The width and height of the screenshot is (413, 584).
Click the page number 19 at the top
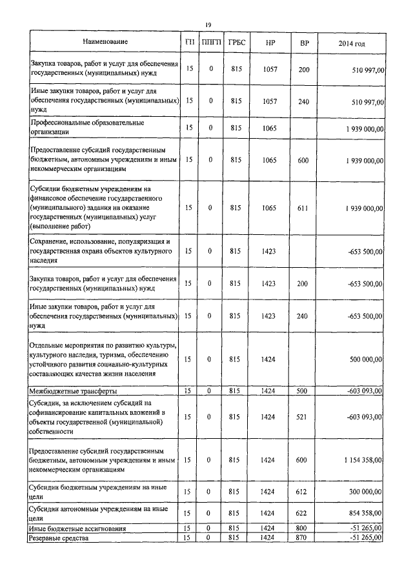(x=208, y=25)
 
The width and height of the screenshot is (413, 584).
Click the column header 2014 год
(x=352, y=43)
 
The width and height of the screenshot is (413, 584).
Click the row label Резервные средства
(x=60, y=538)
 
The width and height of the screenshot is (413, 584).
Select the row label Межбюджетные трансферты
(x=71, y=391)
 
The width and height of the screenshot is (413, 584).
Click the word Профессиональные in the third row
(x=63, y=122)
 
